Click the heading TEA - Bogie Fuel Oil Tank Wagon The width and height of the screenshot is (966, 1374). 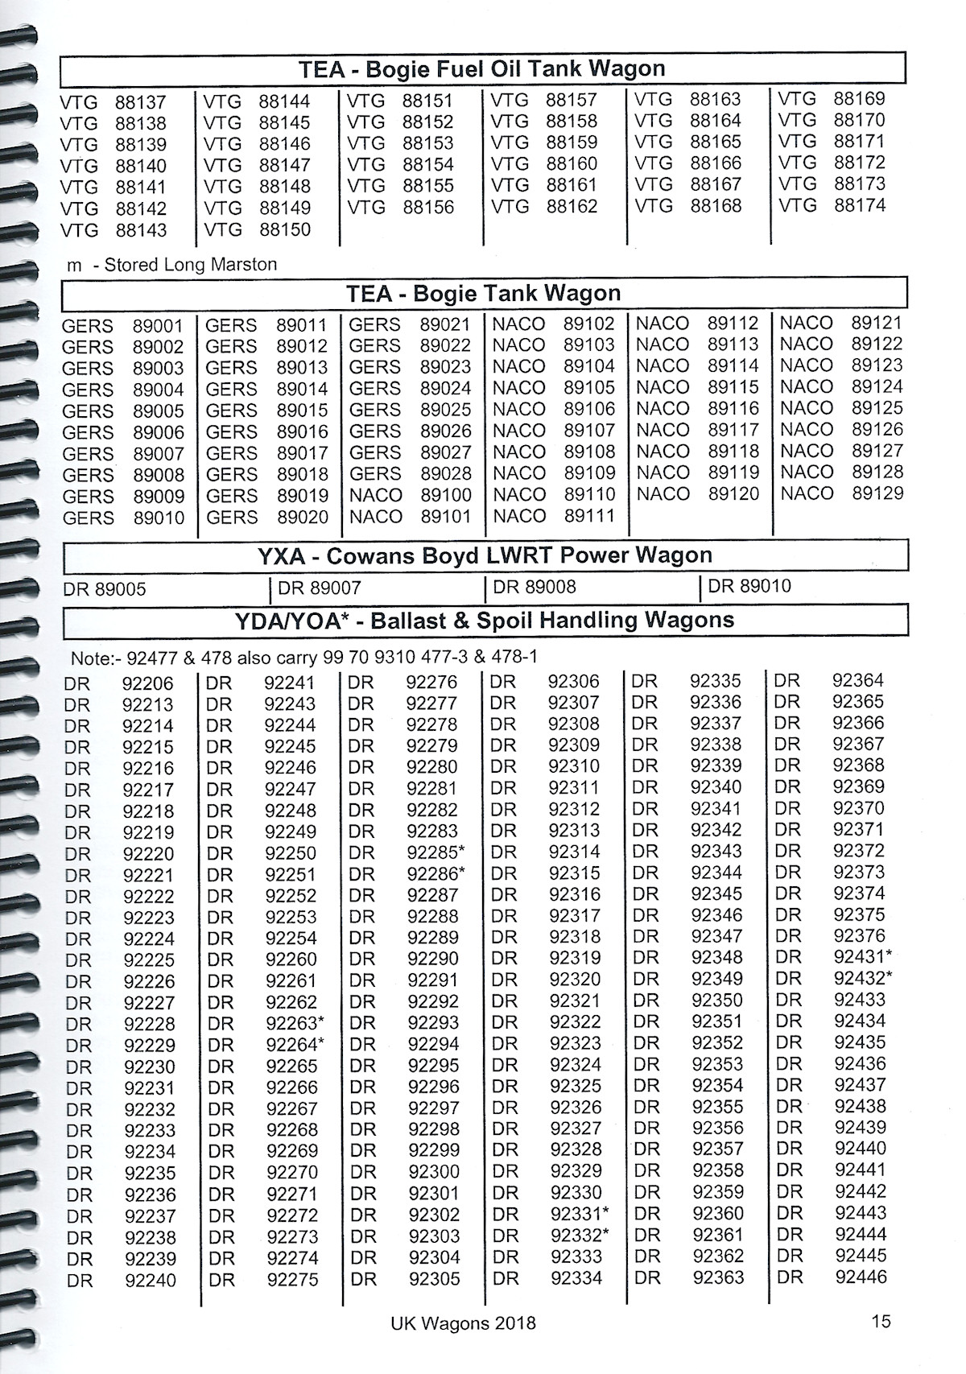click(x=482, y=69)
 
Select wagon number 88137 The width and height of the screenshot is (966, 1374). click(x=140, y=102)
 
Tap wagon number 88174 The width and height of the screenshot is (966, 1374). click(x=860, y=205)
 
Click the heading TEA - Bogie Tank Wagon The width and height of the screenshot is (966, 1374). click(x=483, y=293)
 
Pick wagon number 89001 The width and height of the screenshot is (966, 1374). click(x=159, y=326)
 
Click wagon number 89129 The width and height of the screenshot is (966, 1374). click(x=877, y=493)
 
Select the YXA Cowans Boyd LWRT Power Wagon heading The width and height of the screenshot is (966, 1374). click(x=485, y=555)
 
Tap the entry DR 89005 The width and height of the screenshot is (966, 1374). click(x=105, y=589)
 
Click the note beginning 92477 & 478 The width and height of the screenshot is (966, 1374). click(x=304, y=658)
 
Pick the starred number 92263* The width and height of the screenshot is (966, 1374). click(x=295, y=1023)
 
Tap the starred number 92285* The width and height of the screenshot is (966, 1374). click(x=436, y=852)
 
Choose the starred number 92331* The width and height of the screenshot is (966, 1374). click(x=580, y=1214)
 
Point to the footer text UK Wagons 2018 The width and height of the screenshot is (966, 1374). click(x=463, y=1323)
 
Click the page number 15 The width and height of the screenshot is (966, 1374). click(x=881, y=1321)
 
